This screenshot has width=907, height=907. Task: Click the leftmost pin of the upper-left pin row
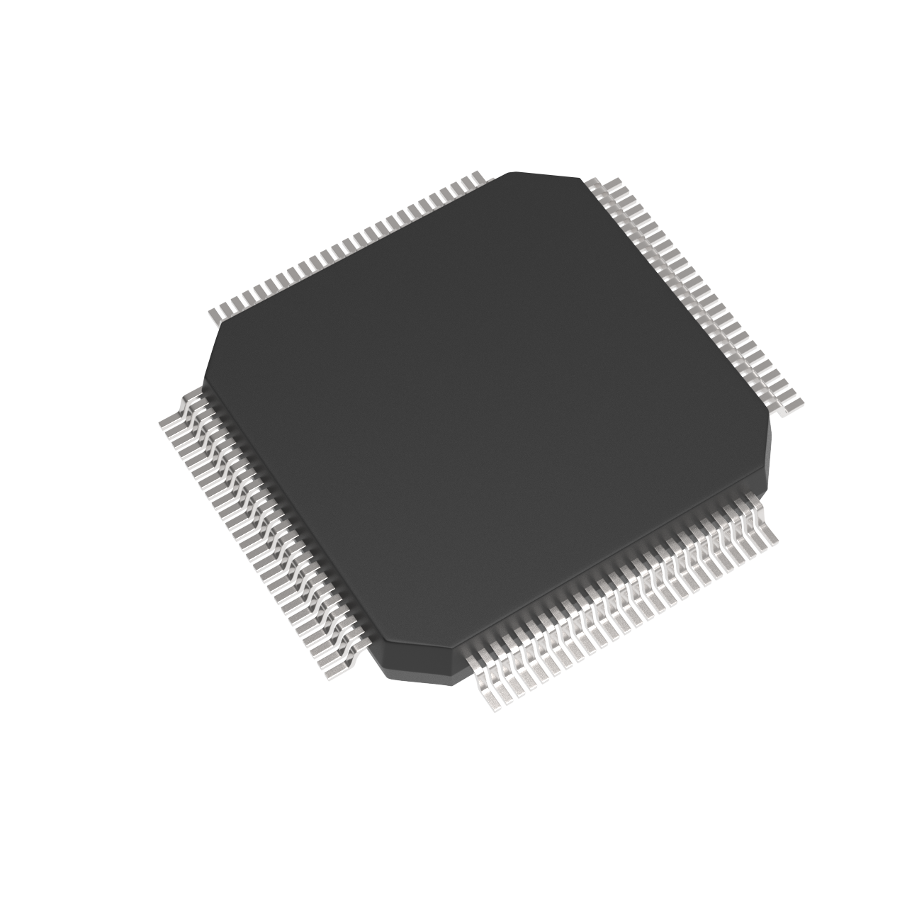coord(216,313)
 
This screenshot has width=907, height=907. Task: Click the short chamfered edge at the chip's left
coord(211,351)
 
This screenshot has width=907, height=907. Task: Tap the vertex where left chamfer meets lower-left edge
coord(203,383)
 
